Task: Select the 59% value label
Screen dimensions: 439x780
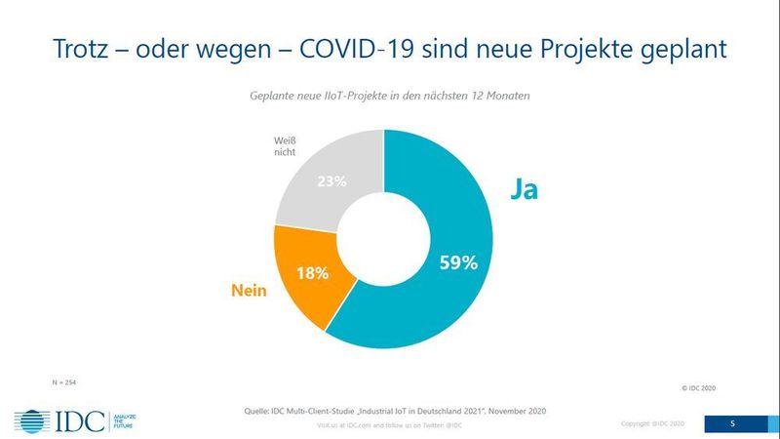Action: point(456,262)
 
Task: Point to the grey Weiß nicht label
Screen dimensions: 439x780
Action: point(285,148)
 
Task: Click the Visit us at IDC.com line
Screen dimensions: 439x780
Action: point(389,425)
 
